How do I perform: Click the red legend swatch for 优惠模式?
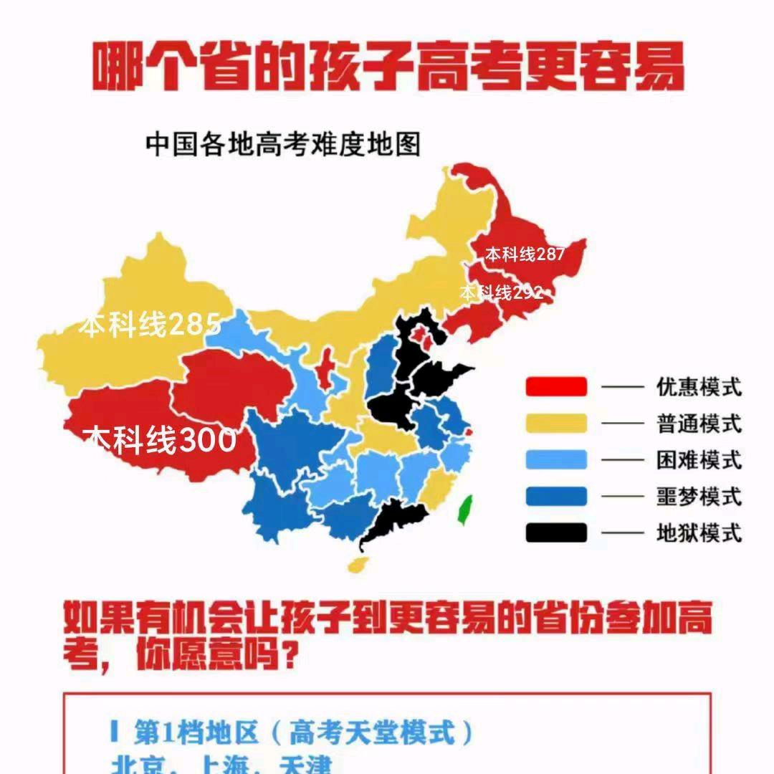click(x=556, y=387)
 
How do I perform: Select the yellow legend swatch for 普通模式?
click(x=556, y=424)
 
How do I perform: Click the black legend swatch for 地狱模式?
click(x=556, y=532)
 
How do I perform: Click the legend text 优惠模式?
click(x=699, y=388)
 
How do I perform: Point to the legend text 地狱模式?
click(x=699, y=533)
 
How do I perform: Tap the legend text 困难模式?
click(x=699, y=460)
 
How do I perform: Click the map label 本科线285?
click(x=150, y=325)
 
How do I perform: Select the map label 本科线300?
click(x=160, y=439)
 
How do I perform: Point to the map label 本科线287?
click(x=525, y=254)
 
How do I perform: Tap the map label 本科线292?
click(x=502, y=292)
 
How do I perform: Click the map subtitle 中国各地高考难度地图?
click(x=282, y=145)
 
